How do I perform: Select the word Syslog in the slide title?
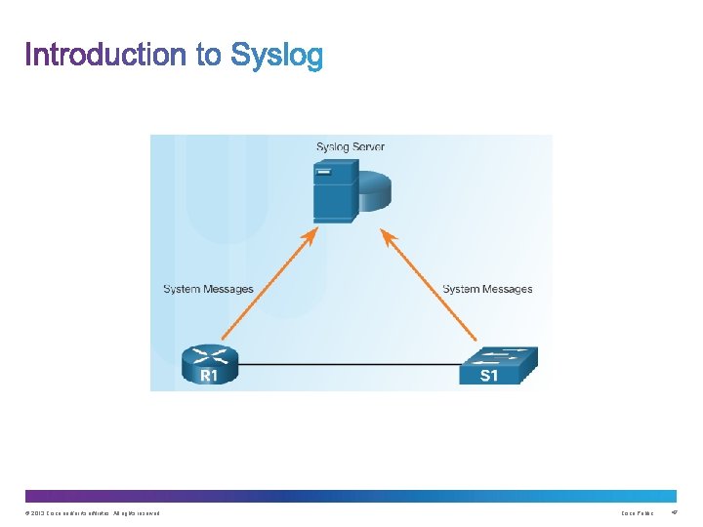(276, 57)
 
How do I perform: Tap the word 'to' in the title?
(209, 55)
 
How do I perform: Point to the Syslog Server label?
(350, 147)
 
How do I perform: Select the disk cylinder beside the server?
(375, 191)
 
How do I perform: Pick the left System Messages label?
(208, 289)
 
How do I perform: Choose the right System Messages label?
(487, 289)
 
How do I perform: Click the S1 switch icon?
(497, 365)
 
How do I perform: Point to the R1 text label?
(209, 375)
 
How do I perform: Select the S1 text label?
(488, 376)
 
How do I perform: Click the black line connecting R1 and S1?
(347, 365)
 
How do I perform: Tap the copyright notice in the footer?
(93, 513)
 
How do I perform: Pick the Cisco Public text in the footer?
(638, 513)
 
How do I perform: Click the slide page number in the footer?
(674, 513)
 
